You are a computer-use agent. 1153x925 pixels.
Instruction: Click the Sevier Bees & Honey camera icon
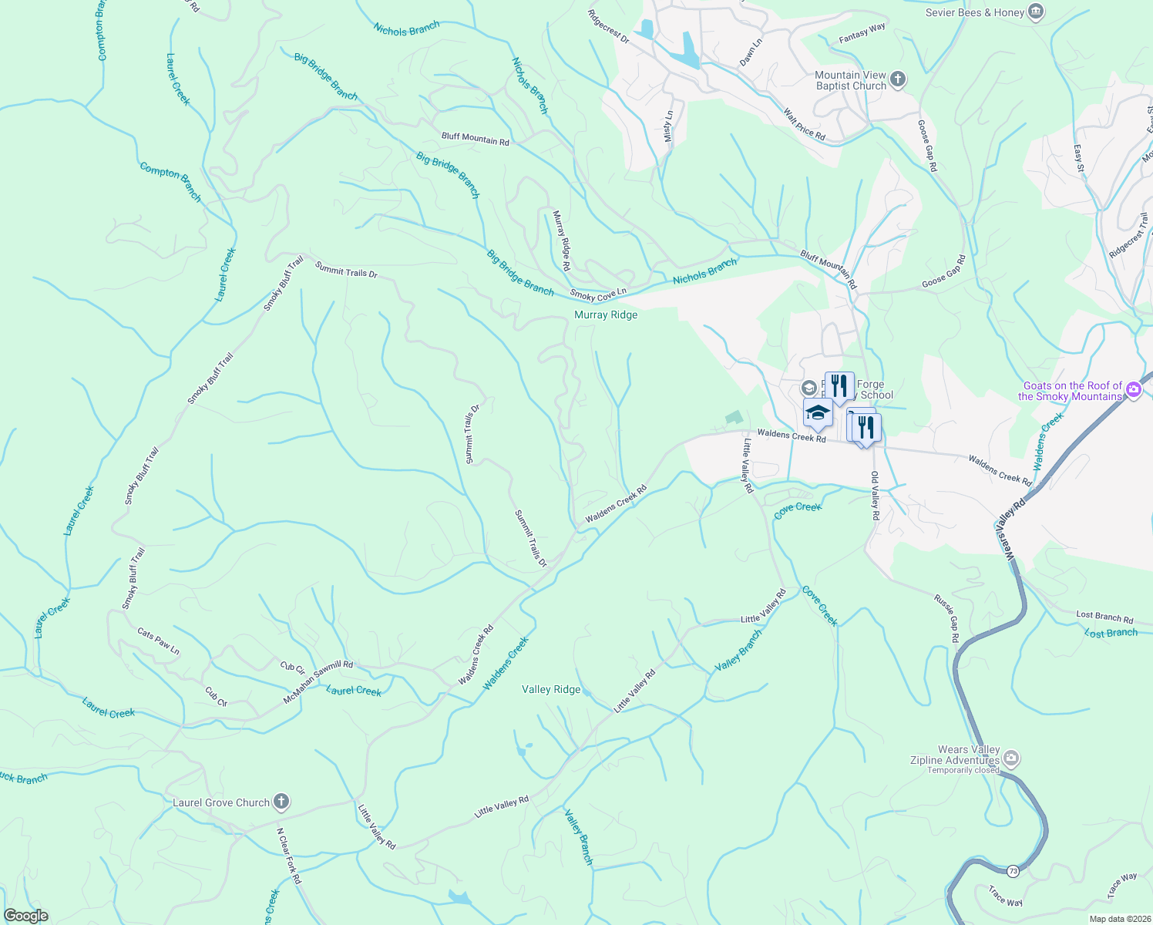1036,12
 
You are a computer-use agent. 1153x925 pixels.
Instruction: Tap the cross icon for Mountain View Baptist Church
897,79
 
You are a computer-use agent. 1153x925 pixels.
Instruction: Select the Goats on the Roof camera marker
1133,390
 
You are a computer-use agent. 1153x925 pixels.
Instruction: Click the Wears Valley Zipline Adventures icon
1012,759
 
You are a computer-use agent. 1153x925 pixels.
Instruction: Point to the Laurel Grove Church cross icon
281,802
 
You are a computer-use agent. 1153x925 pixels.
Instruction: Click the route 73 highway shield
1013,871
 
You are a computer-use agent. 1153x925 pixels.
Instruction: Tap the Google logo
26,916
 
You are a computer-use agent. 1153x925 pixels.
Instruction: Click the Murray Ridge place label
606,314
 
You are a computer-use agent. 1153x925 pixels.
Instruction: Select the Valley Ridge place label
551,689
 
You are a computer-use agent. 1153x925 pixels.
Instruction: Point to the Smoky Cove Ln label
598,294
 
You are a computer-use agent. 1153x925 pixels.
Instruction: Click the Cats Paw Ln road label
158,641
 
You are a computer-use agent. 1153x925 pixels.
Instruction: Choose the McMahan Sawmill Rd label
318,681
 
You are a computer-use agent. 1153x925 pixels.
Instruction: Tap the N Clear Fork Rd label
289,856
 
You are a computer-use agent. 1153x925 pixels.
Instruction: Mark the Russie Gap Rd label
946,618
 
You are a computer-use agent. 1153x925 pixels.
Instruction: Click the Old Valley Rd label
875,495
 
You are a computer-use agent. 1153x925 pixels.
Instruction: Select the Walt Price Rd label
804,125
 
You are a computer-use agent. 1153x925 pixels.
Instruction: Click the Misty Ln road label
668,126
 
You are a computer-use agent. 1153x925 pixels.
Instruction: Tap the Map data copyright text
1118,919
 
